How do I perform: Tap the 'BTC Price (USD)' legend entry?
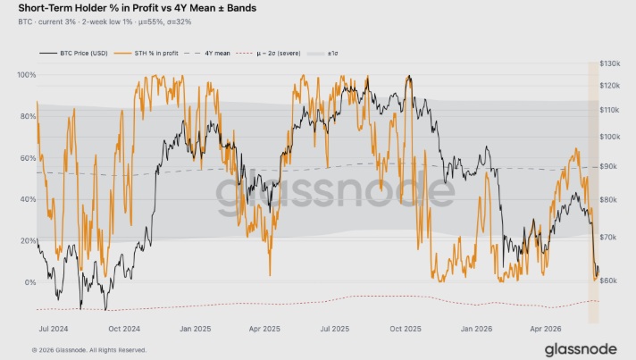(x=73, y=53)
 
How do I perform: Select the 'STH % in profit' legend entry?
(x=146, y=53)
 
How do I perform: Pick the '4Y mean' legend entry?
(x=207, y=53)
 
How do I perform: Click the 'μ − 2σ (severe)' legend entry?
(x=268, y=53)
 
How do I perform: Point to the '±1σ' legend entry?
(x=322, y=53)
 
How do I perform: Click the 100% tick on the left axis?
(x=27, y=75)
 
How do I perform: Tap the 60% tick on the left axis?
(x=28, y=158)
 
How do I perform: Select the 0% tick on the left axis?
(x=30, y=282)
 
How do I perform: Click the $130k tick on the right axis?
(x=609, y=63)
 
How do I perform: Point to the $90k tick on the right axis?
(x=608, y=167)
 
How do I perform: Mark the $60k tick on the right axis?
(x=608, y=280)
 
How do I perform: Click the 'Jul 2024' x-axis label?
(x=54, y=329)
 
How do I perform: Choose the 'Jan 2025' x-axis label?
(x=195, y=329)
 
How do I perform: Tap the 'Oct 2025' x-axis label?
(x=406, y=329)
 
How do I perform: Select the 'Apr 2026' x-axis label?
(x=546, y=329)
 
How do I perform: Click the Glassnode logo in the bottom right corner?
(x=581, y=349)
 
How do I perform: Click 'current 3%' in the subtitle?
(x=57, y=22)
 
